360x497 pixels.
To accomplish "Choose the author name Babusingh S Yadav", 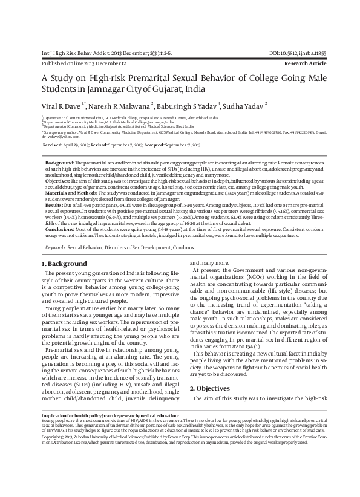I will pyautogui.click(x=189, y=106).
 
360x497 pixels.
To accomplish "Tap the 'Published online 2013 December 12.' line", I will pyautogui.click(x=84, y=63).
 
